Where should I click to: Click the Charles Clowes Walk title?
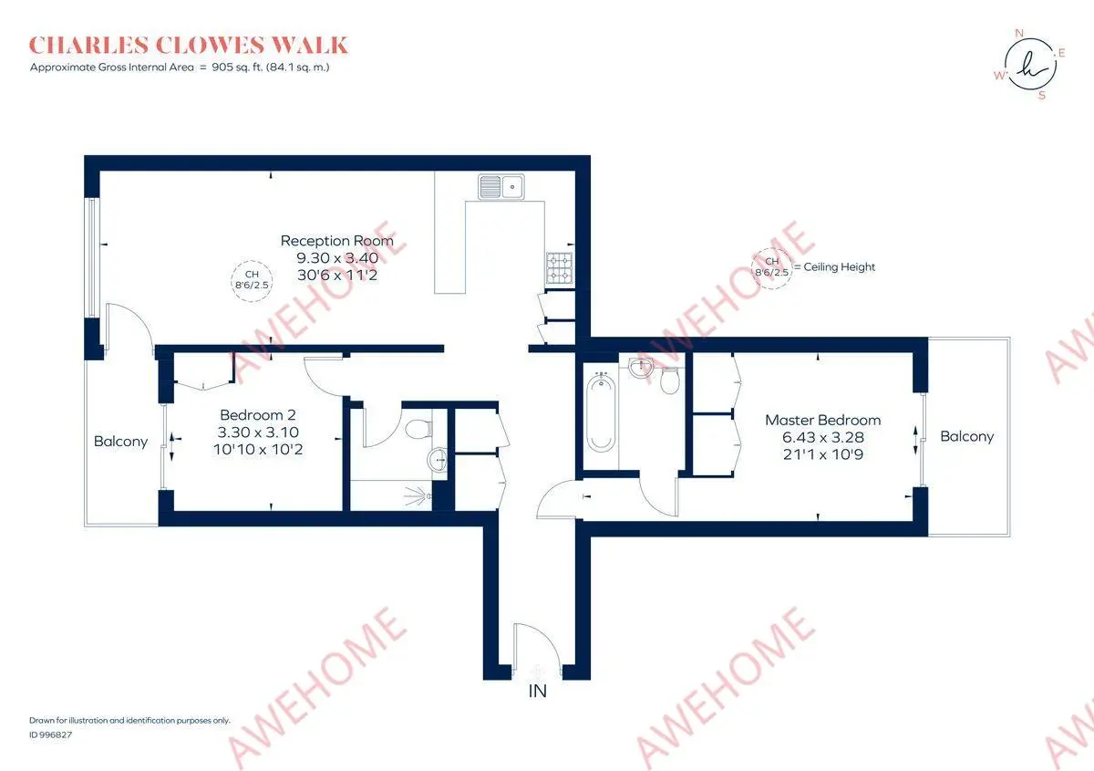point(189,45)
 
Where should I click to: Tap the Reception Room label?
point(336,241)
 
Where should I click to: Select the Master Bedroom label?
point(822,420)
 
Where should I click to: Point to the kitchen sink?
point(500,187)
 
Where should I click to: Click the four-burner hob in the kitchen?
point(559,267)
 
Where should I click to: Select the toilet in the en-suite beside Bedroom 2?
point(420,428)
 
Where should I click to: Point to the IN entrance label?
point(538,691)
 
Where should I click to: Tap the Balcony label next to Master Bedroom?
point(966,436)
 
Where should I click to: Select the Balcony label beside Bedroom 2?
point(120,442)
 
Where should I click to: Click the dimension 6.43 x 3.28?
point(822,436)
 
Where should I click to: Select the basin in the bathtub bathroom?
point(641,367)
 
